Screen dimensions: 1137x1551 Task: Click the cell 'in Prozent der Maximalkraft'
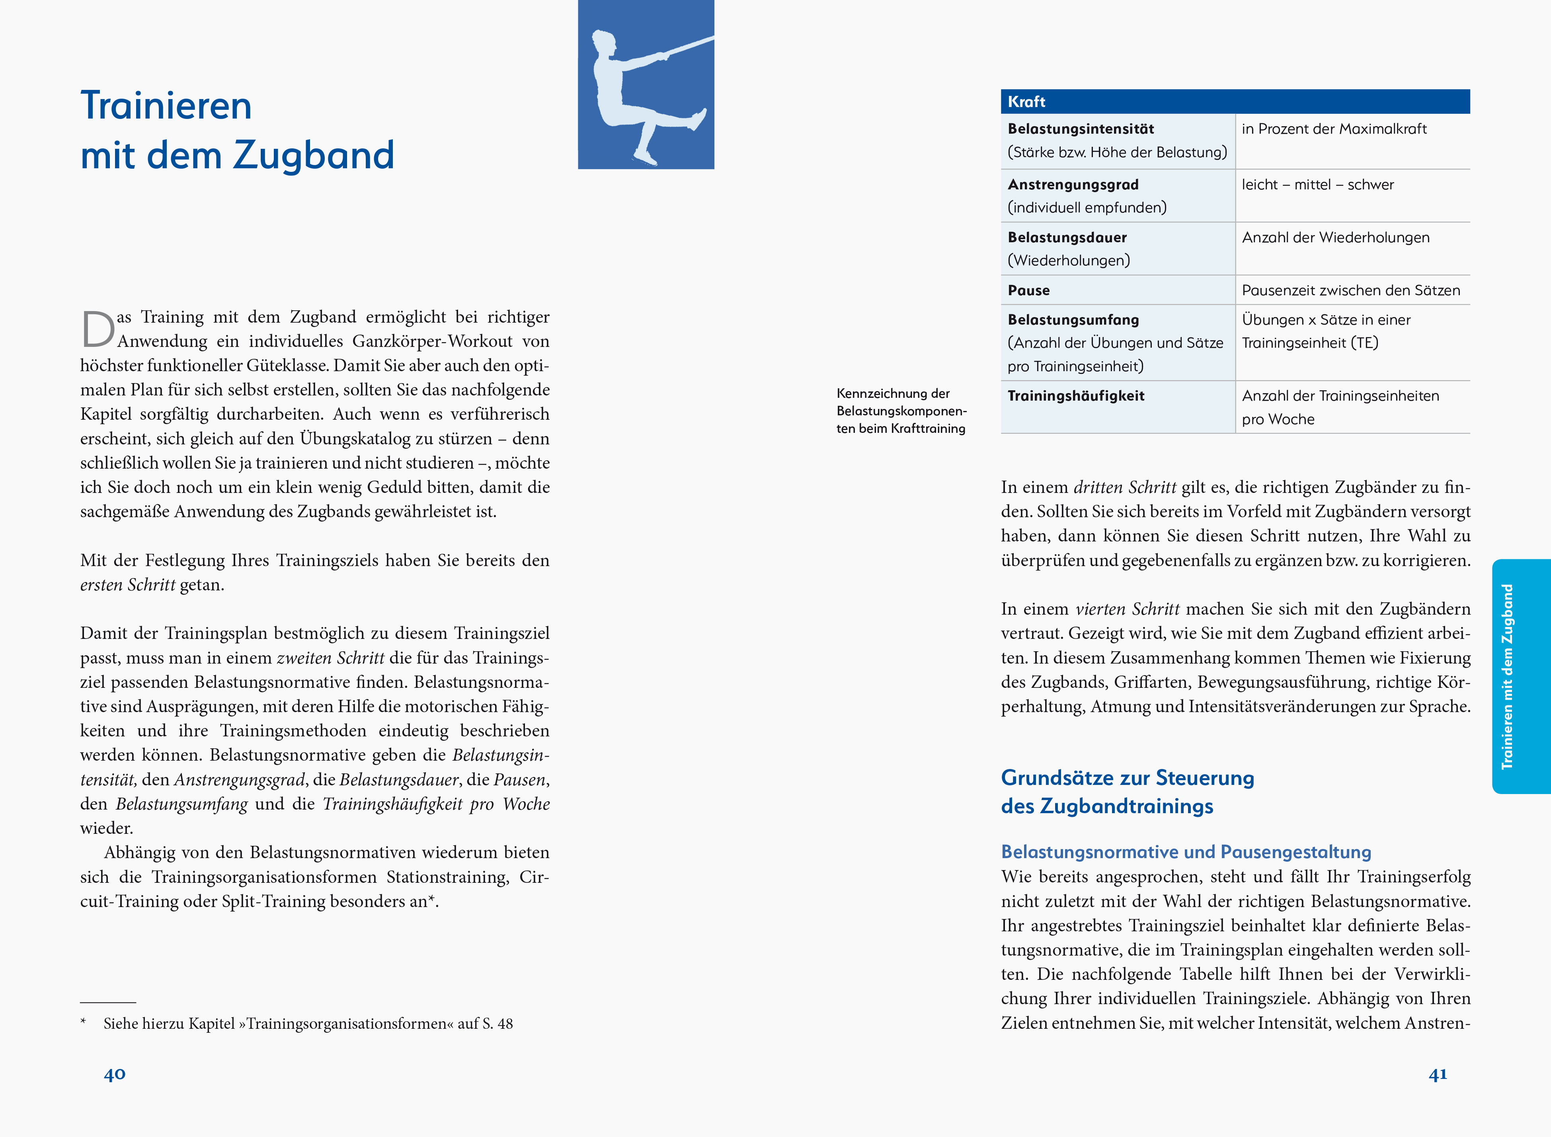1333,129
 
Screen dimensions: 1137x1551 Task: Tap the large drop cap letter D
98,330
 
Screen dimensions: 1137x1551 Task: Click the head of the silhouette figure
604,44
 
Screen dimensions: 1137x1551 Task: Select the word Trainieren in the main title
166,105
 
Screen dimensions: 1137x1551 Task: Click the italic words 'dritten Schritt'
1124,487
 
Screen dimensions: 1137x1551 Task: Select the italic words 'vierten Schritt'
1127,609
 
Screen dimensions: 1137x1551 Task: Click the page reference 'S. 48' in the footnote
497,1024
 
